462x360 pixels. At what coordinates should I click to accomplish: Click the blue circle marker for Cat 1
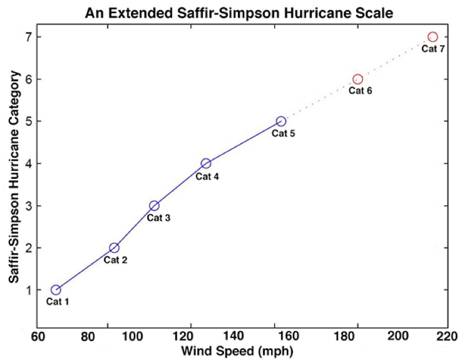point(56,290)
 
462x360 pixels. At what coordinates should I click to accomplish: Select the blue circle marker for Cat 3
point(154,206)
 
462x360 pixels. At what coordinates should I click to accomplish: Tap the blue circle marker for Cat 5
point(281,121)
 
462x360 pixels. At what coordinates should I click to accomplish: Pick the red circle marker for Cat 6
point(357,80)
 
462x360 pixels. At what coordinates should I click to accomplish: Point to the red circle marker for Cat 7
point(433,37)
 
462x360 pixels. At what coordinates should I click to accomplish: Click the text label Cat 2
point(115,260)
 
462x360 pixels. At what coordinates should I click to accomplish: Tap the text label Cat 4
point(207,176)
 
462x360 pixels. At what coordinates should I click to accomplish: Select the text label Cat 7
point(433,49)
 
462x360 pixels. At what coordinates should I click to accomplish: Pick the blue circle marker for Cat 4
point(206,163)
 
